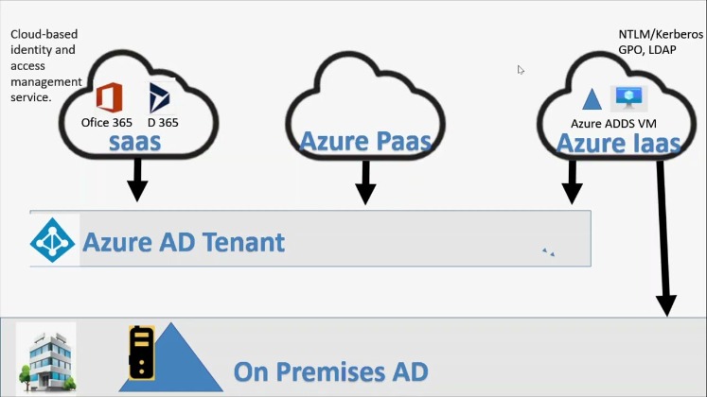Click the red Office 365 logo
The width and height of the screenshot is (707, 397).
tap(109, 97)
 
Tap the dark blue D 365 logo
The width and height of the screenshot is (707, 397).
tap(159, 97)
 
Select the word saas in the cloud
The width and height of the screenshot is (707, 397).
tap(134, 142)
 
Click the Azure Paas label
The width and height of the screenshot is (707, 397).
tap(365, 141)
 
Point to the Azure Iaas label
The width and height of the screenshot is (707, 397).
tap(618, 144)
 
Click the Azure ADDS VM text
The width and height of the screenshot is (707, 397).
tap(613, 123)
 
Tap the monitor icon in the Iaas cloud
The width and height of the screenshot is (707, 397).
tap(629, 97)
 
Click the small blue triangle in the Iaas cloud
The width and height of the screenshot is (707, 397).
tap(592, 99)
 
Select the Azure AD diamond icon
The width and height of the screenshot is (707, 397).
tap(52, 240)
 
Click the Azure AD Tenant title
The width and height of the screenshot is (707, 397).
tap(184, 242)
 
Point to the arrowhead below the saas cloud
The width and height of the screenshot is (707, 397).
tap(137, 191)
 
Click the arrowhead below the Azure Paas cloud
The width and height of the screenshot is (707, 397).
tap(365, 194)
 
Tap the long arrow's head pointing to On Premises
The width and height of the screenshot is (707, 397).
tap(666, 306)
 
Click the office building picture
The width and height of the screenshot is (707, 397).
tap(46, 358)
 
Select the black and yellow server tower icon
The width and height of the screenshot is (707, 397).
tap(141, 353)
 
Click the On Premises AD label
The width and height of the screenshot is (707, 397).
tap(330, 371)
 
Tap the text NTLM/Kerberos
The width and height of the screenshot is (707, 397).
tap(661, 34)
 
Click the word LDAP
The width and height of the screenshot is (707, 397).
tap(662, 50)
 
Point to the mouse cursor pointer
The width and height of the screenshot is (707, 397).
tap(521, 70)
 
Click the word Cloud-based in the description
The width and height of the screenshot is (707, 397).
tap(44, 34)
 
